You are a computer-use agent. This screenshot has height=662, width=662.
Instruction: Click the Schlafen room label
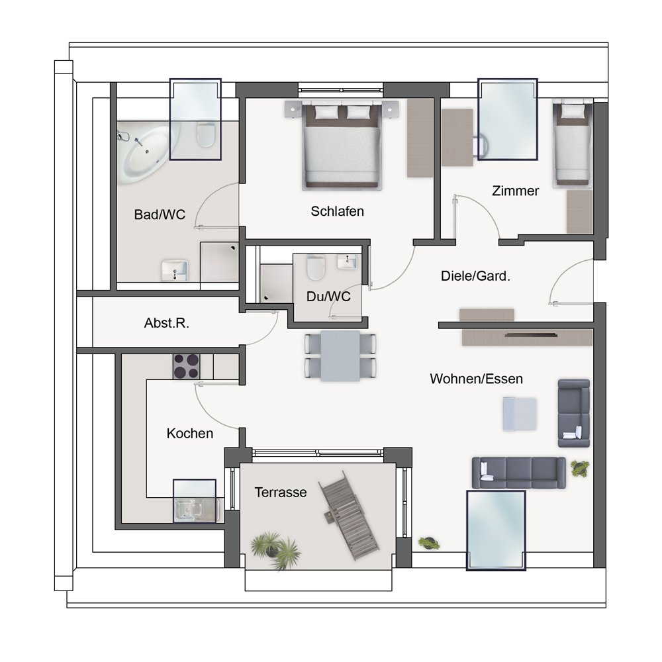coord(338,211)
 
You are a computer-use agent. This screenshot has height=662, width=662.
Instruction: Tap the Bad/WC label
coord(160,214)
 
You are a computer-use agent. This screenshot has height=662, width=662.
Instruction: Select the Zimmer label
coord(516,191)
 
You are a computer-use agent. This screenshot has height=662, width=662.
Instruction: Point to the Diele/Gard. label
coord(475,276)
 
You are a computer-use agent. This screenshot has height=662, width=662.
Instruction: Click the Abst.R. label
coord(167,323)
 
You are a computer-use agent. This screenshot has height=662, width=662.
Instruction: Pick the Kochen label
coord(189,433)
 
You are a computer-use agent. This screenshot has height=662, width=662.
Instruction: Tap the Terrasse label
coord(280,493)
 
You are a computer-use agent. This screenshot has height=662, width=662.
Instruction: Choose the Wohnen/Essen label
coord(476,379)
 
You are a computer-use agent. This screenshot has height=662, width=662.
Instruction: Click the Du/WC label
coord(328,297)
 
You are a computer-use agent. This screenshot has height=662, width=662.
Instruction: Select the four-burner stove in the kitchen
coord(186,366)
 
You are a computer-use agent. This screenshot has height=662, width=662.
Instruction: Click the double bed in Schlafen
coord(341,145)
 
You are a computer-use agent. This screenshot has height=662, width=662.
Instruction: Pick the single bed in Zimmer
coord(572,143)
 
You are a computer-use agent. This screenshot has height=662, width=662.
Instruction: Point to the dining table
coord(340,355)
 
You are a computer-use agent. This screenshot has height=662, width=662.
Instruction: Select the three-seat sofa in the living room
coord(519,473)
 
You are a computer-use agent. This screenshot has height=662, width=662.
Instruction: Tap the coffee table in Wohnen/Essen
coord(520,414)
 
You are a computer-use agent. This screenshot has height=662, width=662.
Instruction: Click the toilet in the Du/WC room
coord(315,268)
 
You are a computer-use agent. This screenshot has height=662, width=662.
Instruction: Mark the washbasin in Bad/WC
coord(174,270)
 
